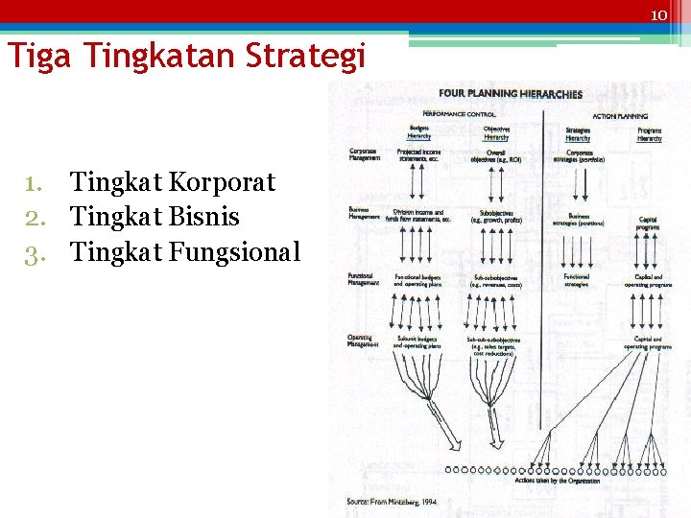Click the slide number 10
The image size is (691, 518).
[658, 15]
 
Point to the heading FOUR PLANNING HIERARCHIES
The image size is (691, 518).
[511, 94]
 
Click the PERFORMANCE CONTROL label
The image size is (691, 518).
[459, 114]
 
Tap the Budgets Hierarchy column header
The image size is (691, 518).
[419, 132]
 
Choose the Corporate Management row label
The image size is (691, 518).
[364, 154]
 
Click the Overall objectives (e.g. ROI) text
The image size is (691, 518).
[496, 155]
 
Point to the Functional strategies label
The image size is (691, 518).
[577, 280]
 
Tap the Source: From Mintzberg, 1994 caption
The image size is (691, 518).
[392, 502]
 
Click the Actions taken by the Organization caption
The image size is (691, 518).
[558, 481]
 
